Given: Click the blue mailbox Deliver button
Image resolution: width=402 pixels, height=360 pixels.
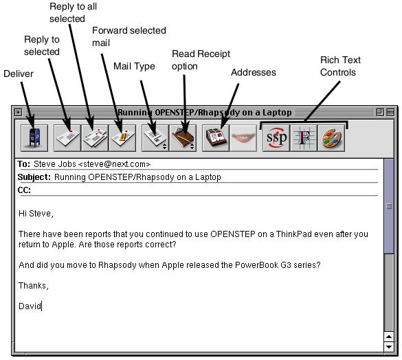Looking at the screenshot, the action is coord(34,138).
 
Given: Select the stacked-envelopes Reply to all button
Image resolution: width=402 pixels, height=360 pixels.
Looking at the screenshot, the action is coord(95,138).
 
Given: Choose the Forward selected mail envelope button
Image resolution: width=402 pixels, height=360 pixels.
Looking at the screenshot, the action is coord(122,138).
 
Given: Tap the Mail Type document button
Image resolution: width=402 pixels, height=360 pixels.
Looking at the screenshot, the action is coord(155,138).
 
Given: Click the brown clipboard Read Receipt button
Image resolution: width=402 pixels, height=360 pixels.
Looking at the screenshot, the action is coord(183,138).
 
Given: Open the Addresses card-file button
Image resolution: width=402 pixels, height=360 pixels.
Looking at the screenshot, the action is coord(216,138).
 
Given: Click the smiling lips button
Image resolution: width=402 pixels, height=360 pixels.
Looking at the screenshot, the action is coord(243,138).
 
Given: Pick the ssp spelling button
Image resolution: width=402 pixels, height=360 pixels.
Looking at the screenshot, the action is coord(276,138).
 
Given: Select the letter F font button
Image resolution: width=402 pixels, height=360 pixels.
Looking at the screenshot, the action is coord(304,138).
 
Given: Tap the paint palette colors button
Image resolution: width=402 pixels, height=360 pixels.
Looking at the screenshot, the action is coord(331,138).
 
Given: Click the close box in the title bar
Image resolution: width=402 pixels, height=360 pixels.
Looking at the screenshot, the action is coord(18,112).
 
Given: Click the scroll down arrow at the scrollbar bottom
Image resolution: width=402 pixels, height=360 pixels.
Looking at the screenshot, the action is coord(389,347).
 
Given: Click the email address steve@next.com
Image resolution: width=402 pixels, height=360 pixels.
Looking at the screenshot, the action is coord(114,164).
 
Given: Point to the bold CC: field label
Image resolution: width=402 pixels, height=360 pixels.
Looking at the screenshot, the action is coord(24,190).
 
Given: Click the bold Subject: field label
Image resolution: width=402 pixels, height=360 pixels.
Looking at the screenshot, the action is coord(34,177).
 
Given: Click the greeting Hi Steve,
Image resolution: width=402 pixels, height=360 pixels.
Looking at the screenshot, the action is coord(36,214).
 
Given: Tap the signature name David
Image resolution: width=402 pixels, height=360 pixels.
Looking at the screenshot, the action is coord(30,306).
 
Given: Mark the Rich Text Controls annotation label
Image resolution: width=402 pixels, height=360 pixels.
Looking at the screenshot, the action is coord(340,66).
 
